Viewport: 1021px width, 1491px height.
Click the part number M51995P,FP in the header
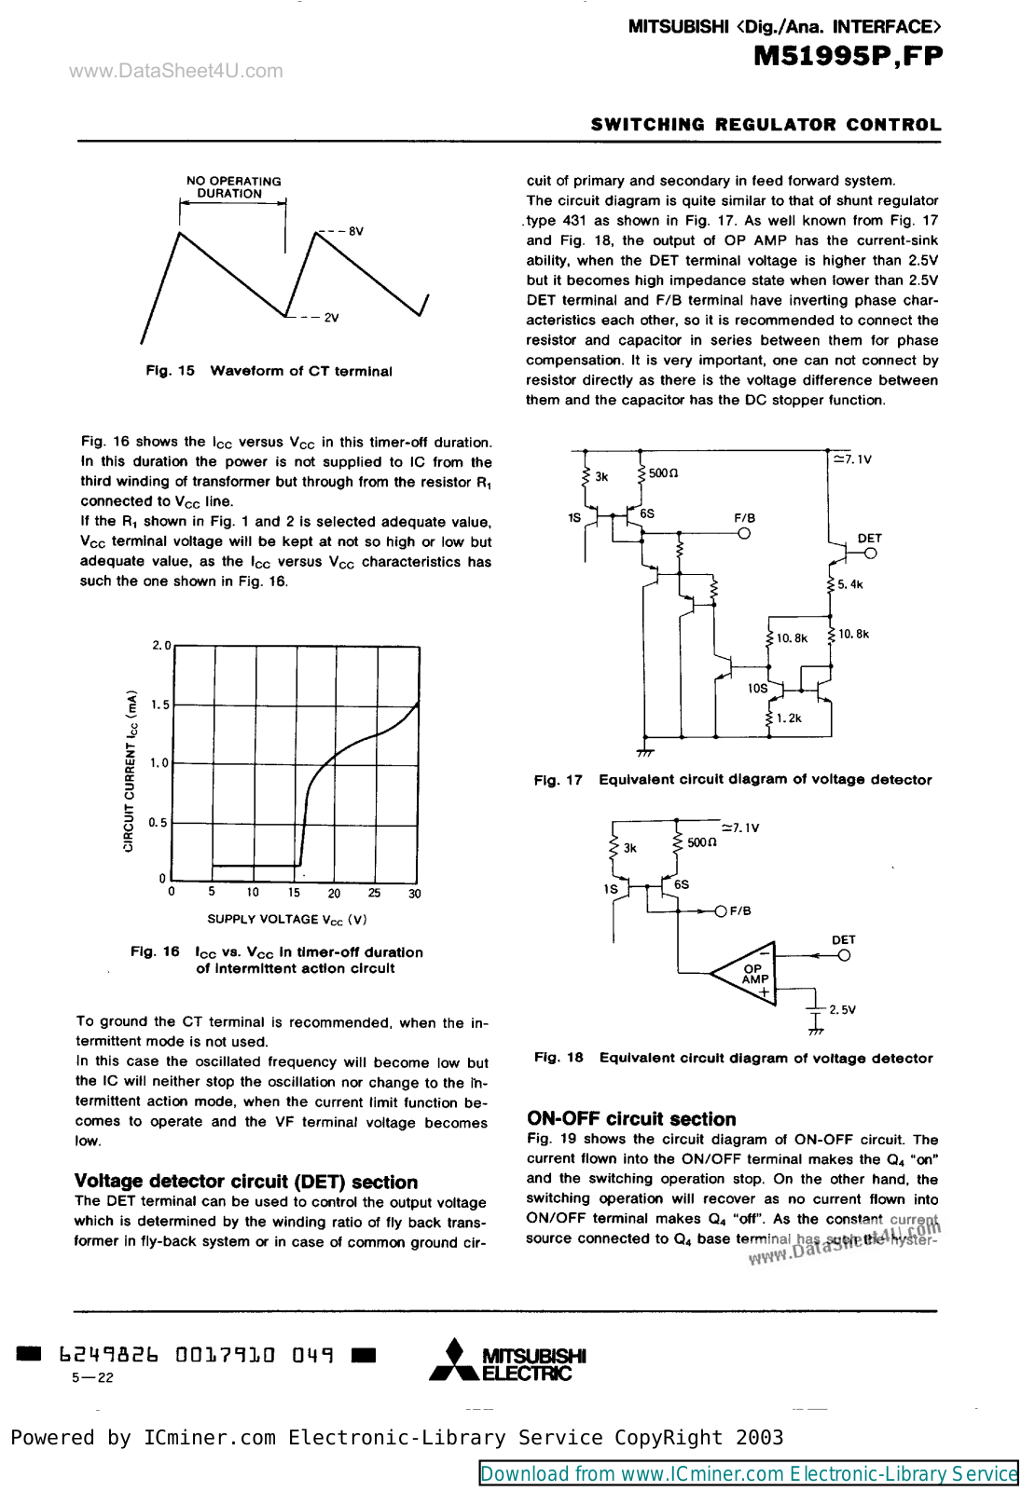tap(848, 57)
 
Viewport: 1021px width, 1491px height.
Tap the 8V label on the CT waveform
tap(355, 231)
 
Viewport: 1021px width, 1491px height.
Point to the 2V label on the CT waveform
tap(331, 318)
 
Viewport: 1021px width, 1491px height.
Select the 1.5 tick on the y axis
tap(160, 704)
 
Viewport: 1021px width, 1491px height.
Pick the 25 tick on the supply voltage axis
tap(374, 893)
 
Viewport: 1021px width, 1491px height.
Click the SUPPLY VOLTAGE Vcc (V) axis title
tap(286, 920)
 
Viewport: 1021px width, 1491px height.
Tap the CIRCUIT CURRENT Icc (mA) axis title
tap(131, 771)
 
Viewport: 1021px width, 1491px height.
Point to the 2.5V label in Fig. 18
tap(842, 1009)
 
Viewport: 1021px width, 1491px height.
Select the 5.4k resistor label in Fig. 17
tap(849, 585)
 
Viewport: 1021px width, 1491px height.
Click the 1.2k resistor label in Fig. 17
tap(789, 718)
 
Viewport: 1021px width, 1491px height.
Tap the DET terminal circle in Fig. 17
tap(870, 554)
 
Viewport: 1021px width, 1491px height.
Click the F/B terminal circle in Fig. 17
tap(744, 534)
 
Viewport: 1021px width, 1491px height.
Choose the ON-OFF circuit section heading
tap(631, 1119)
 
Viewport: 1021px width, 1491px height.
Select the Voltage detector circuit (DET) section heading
tap(246, 1182)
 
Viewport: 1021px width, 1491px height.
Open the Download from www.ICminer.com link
tap(748, 1473)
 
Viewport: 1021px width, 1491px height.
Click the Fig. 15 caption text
tap(269, 371)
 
